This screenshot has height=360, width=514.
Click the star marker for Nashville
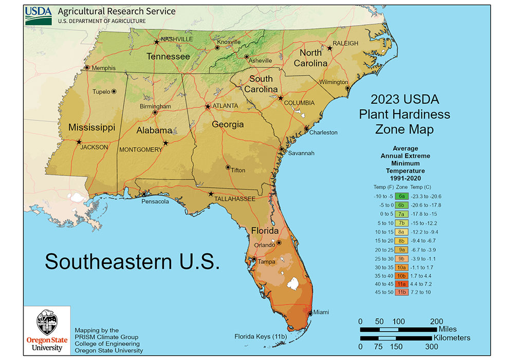pyautogui.click(x=157, y=42)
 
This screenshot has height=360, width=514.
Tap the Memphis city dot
pyautogui.click(x=87, y=67)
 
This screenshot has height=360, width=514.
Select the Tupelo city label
pyautogui.click(x=101, y=92)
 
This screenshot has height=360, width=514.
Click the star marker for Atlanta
pyautogui.click(x=208, y=107)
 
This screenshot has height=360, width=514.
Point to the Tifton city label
pyautogui.click(x=238, y=170)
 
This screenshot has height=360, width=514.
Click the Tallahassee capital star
pyautogui.click(x=211, y=194)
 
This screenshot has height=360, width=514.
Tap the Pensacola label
pyautogui.click(x=156, y=202)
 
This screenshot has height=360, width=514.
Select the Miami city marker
pyautogui.click(x=309, y=313)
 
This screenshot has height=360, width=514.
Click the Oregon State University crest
pyautogui.click(x=44, y=322)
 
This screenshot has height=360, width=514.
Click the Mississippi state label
pyautogui.click(x=92, y=127)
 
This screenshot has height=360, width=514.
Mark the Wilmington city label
pyautogui.click(x=334, y=82)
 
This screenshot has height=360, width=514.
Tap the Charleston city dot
pyautogui.click(x=306, y=129)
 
